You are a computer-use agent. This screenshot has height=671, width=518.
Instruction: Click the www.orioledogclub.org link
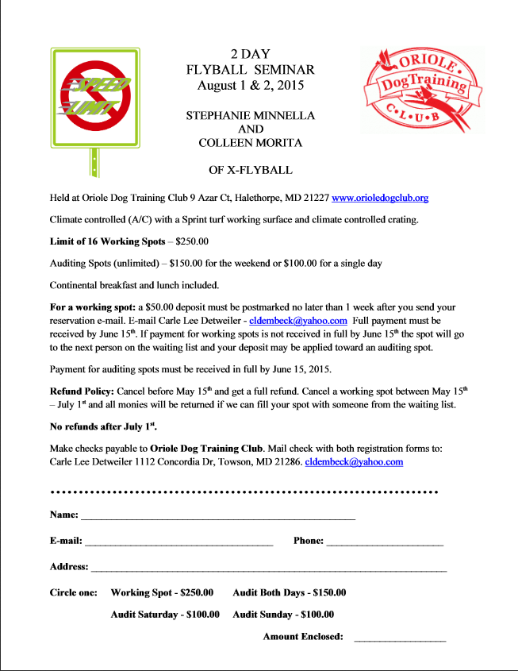380,197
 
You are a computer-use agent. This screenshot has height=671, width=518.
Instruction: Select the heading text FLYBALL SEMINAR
250,69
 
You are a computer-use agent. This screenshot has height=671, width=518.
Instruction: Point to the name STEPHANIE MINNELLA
250,115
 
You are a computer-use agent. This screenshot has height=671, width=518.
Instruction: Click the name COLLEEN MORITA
250,142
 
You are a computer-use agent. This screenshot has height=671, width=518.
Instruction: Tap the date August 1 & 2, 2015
250,84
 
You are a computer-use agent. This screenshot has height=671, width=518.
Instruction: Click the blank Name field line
217,517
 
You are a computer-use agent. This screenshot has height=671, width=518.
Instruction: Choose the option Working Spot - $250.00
162,592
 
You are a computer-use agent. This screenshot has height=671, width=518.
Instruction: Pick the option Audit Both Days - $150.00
289,592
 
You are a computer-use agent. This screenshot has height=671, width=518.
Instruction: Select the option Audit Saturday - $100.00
165,614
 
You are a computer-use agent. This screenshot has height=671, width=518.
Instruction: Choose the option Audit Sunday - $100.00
283,614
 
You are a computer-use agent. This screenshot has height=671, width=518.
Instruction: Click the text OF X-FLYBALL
250,169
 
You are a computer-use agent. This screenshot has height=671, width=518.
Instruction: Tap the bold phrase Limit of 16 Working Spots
107,240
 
